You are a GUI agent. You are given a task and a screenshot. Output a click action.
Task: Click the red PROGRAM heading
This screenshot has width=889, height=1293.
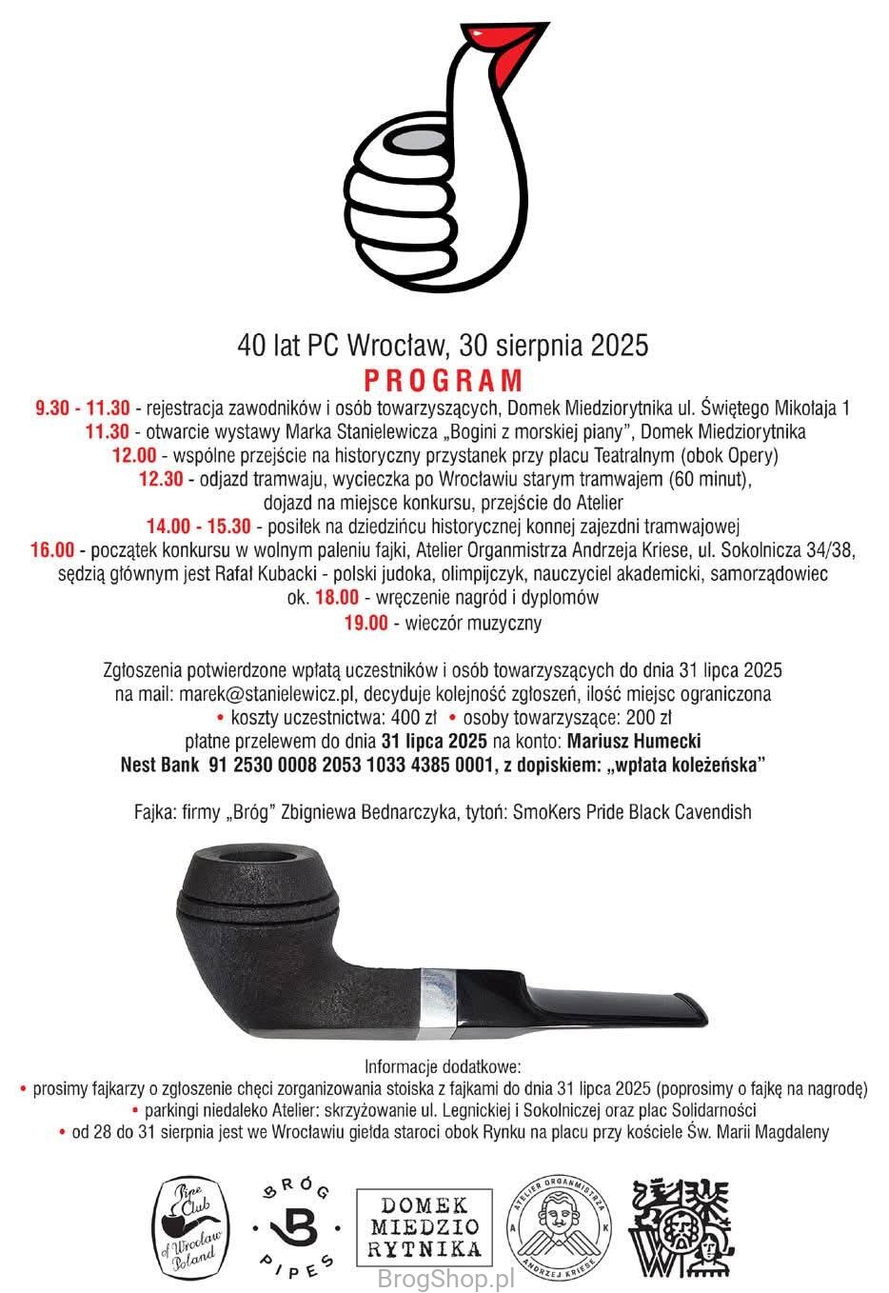click(x=444, y=380)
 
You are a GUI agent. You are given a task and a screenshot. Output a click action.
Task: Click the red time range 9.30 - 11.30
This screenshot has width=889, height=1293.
click(x=83, y=408)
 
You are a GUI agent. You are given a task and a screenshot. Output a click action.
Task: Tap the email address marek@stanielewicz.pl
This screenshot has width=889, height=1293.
click(x=269, y=694)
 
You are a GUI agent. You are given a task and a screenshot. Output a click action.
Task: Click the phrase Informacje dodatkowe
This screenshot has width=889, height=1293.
click(x=444, y=1065)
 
